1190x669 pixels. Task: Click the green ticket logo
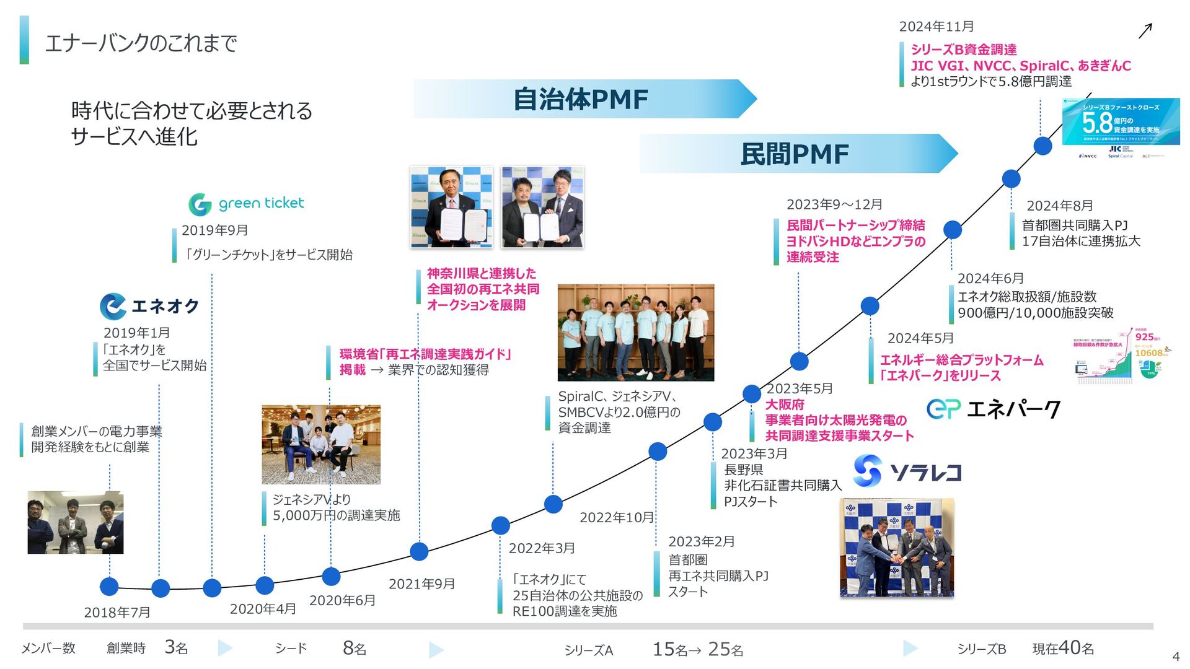coord(246,204)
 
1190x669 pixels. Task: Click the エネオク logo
coord(149,306)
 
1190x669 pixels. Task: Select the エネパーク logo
coord(993,409)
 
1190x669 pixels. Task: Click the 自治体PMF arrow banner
coord(583,99)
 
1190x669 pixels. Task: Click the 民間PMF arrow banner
coord(796,154)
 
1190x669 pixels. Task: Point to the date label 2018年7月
coord(117,612)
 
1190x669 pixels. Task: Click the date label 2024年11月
coord(936,27)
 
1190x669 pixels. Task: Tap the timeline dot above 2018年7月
coord(109,586)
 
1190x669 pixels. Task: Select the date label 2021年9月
coord(421,584)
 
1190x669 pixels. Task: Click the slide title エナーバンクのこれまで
coord(141,43)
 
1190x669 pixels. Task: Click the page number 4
coord(1176,657)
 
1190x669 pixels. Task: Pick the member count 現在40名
coord(1063,648)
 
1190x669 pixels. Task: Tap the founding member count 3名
coord(176,648)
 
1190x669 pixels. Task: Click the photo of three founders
coord(76,522)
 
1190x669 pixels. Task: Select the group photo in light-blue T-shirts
coord(635,333)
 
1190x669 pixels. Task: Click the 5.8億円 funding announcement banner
coord(1121,122)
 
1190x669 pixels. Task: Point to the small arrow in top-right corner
coord(1145,31)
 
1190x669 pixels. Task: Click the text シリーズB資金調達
coord(963,50)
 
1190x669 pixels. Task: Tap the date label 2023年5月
coord(800,388)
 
